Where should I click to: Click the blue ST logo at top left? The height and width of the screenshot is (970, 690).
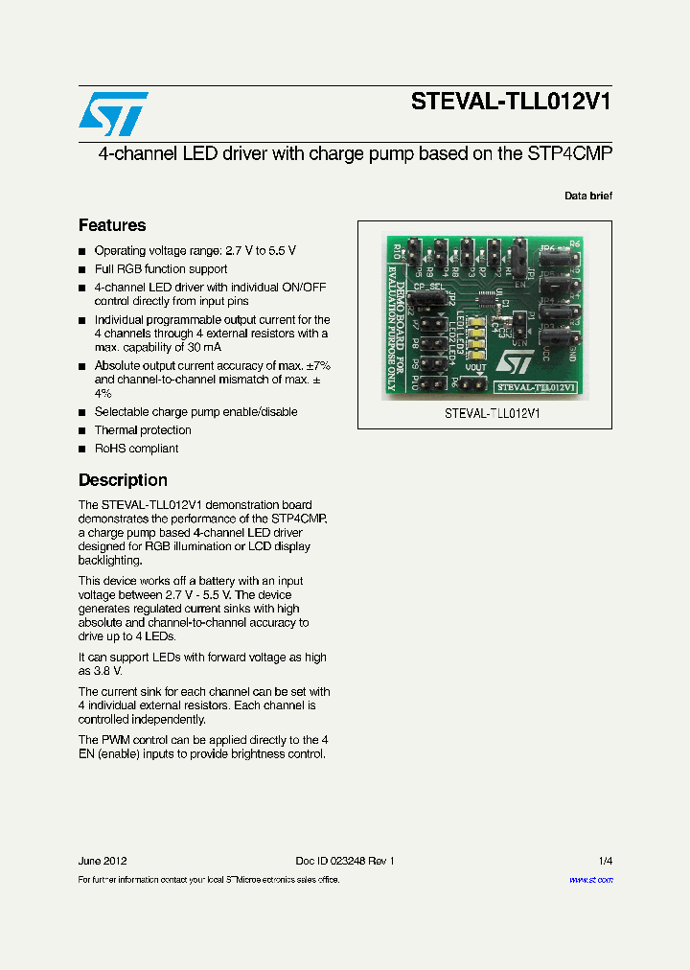[x=113, y=114]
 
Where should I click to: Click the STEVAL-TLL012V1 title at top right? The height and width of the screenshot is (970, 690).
[x=511, y=103]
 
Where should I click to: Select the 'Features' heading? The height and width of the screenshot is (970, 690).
[x=112, y=225]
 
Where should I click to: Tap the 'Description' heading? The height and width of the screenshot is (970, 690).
[x=123, y=480]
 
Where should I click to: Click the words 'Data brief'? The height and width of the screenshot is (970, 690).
[x=587, y=196]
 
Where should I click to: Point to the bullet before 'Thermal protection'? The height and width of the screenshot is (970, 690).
[x=82, y=431]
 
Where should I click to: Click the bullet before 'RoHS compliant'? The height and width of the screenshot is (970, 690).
[x=82, y=450]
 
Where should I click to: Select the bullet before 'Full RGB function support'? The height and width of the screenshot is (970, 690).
[x=82, y=270]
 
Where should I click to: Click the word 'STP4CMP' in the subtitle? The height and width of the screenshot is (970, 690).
[x=569, y=153]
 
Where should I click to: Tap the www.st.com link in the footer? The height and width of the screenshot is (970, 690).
[x=590, y=880]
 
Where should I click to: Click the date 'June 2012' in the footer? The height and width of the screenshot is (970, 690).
[x=103, y=861]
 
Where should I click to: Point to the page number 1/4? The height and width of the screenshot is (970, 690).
[x=605, y=861]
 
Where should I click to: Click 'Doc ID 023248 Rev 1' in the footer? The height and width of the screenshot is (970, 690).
[x=345, y=861]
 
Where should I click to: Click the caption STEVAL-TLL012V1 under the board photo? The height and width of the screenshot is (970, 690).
[x=493, y=413]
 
